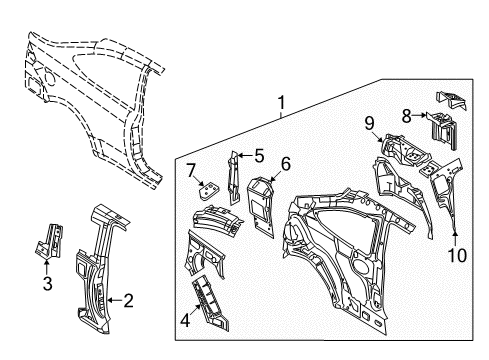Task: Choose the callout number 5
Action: [258, 155]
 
